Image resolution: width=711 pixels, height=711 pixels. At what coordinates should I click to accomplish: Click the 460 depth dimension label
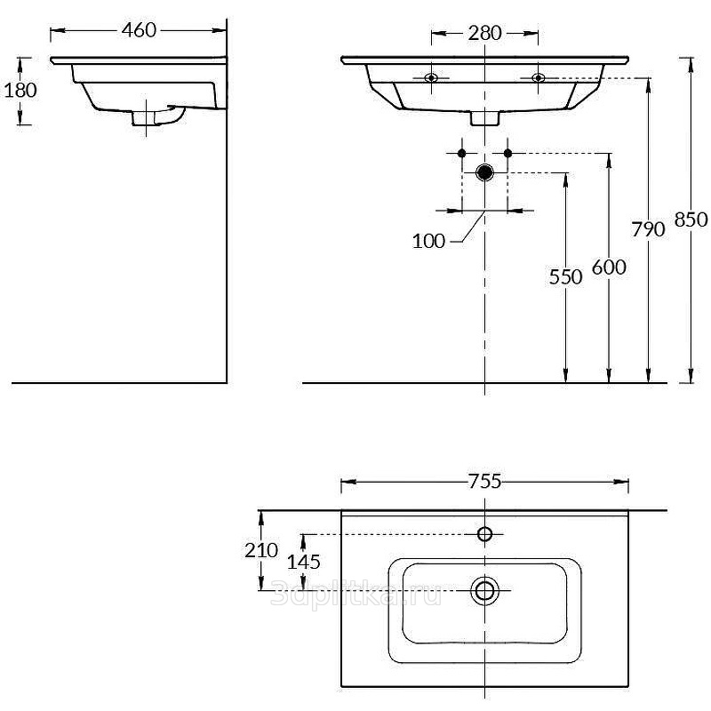coord(139,30)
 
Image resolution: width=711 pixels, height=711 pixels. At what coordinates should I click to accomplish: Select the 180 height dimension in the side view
coord(20,90)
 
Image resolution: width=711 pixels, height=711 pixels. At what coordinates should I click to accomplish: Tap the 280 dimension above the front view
coord(484,33)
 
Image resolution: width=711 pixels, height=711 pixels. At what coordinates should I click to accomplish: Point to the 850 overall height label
coord(691,220)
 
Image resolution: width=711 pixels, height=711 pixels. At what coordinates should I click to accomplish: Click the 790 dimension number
coord(649,229)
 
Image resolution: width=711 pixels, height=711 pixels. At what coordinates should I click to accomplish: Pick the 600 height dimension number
coord(609,268)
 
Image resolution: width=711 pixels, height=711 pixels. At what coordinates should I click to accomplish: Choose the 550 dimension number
coord(565,277)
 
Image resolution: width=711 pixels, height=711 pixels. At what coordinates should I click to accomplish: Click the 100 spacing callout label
coord(428,241)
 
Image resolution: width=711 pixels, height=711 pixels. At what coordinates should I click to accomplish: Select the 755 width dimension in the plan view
coord(484,482)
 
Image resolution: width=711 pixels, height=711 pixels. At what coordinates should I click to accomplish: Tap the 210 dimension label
coord(261,550)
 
